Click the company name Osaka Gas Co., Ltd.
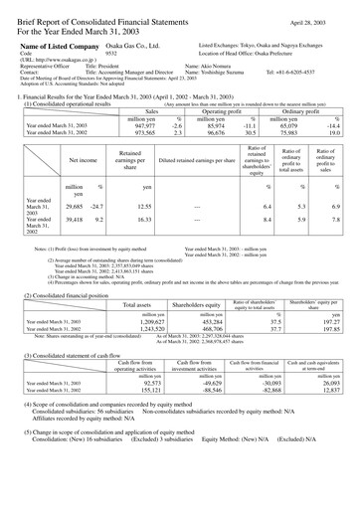[x=110, y=46]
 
